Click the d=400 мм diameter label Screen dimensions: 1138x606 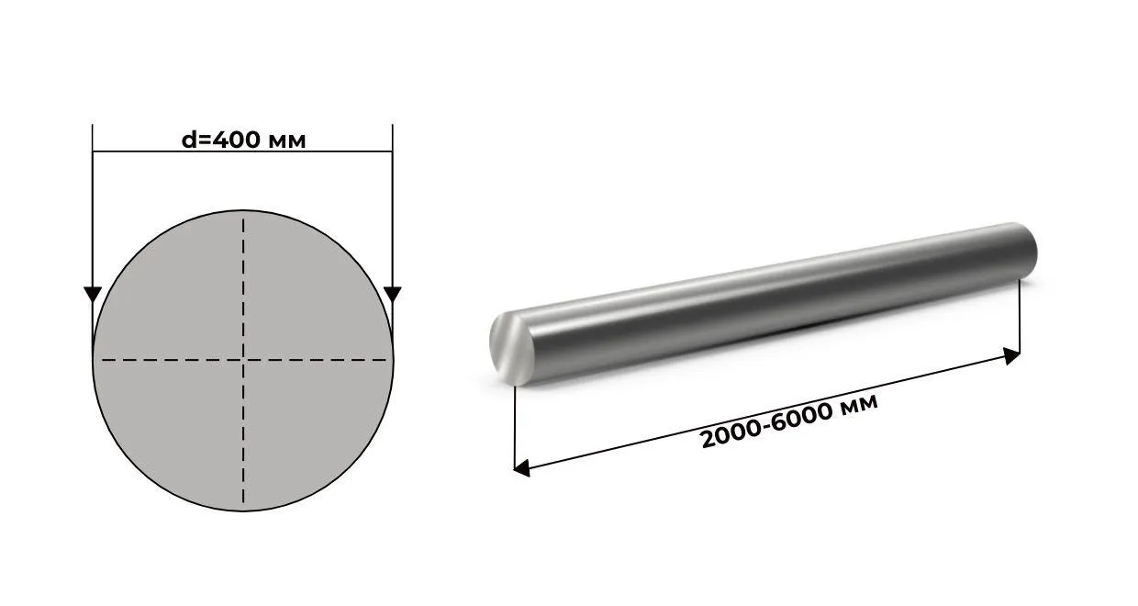[x=244, y=140]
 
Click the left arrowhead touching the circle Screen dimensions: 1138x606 [x=93, y=295]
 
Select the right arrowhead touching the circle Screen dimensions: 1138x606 [x=393, y=295]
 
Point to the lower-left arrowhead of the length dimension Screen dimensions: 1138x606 [x=521, y=467]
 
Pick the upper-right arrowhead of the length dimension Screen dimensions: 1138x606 [x=1012, y=355]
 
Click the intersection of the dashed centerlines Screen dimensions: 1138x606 [x=243, y=360]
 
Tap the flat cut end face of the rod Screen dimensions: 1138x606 [x=511, y=348]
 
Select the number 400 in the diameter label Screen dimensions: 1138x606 [x=235, y=140]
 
